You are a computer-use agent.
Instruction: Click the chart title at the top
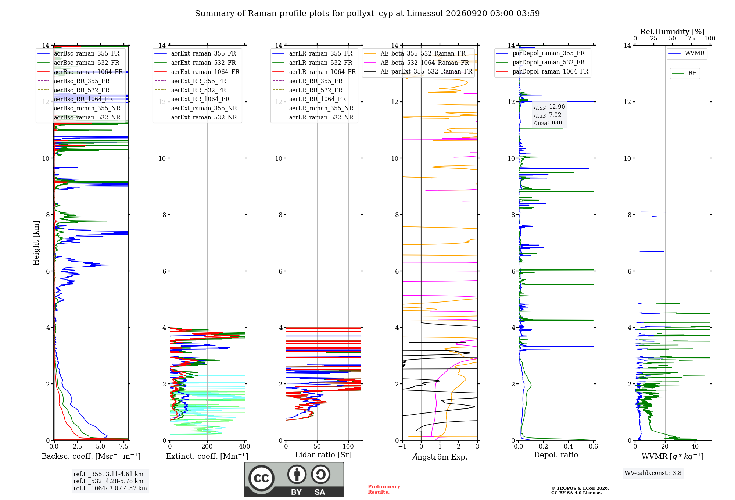(x=367, y=14)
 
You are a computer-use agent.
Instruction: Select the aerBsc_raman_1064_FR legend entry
(x=80, y=72)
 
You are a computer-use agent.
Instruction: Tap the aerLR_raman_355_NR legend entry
(x=313, y=108)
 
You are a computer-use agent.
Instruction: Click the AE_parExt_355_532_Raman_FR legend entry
(x=418, y=71)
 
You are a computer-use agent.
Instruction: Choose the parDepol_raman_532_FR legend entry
(x=540, y=62)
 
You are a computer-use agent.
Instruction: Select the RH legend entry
(x=684, y=73)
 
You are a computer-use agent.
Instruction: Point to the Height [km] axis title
(x=36, y=243)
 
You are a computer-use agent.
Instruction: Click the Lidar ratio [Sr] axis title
(x=323, y=455)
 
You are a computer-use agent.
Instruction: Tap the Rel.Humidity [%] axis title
(x=673, y=32)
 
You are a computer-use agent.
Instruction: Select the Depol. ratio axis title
(x=556, y=455)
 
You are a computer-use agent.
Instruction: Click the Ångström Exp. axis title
(x=440, y=456)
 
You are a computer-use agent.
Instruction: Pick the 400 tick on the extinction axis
(x=245, y=447)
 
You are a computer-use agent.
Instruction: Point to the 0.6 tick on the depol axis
(x=594, y=447)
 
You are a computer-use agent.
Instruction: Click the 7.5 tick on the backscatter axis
(x=124, y=447)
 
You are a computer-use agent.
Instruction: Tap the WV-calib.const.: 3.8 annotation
(x=653, y=473)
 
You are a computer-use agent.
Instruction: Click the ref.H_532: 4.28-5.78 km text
(x=108, y=481)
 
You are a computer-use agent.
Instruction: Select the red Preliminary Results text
(x=384, y=489)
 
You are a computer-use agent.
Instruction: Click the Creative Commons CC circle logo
(x=261, y=478)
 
